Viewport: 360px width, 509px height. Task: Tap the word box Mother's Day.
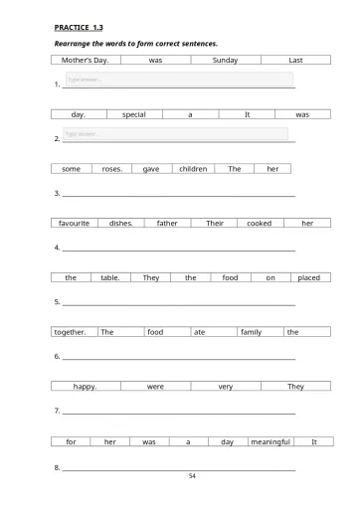(x=86, y=60)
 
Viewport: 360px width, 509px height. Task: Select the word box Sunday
(x=225, y=60)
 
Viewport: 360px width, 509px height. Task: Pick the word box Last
(x=295, y=60)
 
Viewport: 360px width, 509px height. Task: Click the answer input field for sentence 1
(x=178, y=80)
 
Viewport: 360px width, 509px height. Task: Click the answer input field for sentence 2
(x=174, y=134)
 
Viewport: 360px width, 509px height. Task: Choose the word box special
(x=133, y=114)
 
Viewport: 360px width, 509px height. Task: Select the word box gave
(x=151, y=169)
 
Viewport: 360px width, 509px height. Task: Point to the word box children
(x=193, y=169)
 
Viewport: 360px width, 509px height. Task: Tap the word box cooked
(x=259, y=224)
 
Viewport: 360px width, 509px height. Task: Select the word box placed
(x=308, y=277)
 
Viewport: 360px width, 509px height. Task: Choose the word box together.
(x=71, y=332)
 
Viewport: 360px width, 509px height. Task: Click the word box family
(x=251, y=332)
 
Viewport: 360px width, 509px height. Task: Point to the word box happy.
(x=86, y=386)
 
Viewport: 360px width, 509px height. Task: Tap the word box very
(x=225, y=386)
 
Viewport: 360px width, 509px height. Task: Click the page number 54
(x=192, y=476)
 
